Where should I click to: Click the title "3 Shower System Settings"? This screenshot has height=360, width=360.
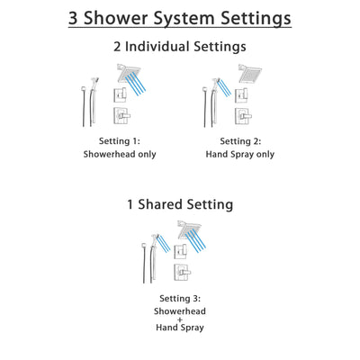(180, 19)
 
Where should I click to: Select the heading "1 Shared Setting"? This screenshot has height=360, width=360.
(180, 204)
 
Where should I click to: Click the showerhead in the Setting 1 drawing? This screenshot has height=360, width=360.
(124, 73)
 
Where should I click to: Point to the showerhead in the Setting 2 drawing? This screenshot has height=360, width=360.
(248, 73)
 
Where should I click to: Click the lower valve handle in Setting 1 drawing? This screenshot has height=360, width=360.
(121, 115)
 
